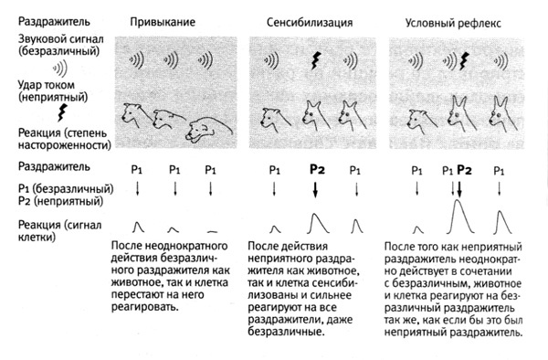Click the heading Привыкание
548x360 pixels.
pos(163,22)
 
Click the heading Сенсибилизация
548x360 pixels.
pos(310,23)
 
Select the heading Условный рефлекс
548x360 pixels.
pos(453,23)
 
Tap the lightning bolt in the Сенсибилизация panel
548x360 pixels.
pos(316,61)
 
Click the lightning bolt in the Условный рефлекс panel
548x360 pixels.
pos(464,61)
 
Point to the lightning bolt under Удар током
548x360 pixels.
pos(62,112)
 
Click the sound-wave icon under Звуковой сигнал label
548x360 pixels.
pos(59,69)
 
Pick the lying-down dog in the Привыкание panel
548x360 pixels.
pos(208,131)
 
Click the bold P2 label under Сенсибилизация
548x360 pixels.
pos(317,170)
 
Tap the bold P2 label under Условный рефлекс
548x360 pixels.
pos(465,170)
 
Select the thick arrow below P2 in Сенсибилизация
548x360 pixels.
pos(315,190)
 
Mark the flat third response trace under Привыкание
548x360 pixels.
pos(212,231)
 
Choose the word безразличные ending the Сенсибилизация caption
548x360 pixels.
pos(285,332)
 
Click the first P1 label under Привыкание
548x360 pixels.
pos(137,170)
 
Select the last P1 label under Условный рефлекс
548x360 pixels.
pos(499,171)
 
